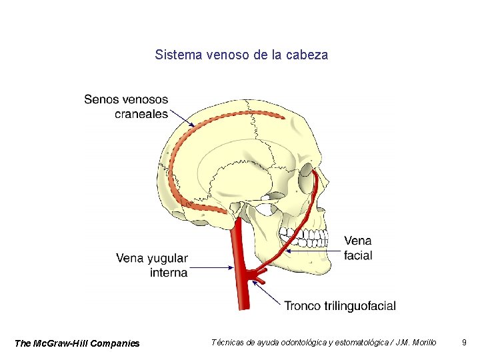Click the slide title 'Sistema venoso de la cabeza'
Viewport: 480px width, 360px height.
pyautogui.click(x=241, y=55)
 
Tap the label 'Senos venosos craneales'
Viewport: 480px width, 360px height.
pyautogui.click(x=127, y=107)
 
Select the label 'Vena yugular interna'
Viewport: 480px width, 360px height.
pyautogui.click(x=152, y=265)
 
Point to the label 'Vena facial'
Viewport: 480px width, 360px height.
pyautogui.click(x=358, y=248)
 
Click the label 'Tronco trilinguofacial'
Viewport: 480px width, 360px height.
pyautogui.click(x=340, y=306)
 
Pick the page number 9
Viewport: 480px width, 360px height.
pyautogui.click(x=464, y=343)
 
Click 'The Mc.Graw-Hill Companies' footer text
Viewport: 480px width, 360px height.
pyautogui.click(x=77, y=343)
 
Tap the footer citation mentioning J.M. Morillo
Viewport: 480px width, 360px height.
pyautogui.click(x=324, y=343)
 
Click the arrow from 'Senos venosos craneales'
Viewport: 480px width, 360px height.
pyautogui.click(x=181, y=119)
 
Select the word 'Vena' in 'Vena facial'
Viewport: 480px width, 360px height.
pyautogui.click(x=358, y=241)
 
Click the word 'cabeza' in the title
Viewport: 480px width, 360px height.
pyautogui.click(x=307, y=55)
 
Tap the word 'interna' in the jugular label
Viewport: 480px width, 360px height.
pyautogui.click(x=169, y=273)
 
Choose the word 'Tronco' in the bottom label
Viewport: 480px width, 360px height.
pyautogui.click(x=304, y=306)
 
